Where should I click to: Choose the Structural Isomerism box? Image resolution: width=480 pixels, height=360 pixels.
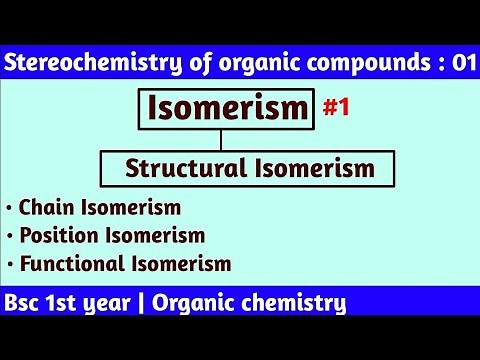(250, 169)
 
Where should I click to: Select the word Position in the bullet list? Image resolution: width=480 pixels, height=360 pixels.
(56, 236)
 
